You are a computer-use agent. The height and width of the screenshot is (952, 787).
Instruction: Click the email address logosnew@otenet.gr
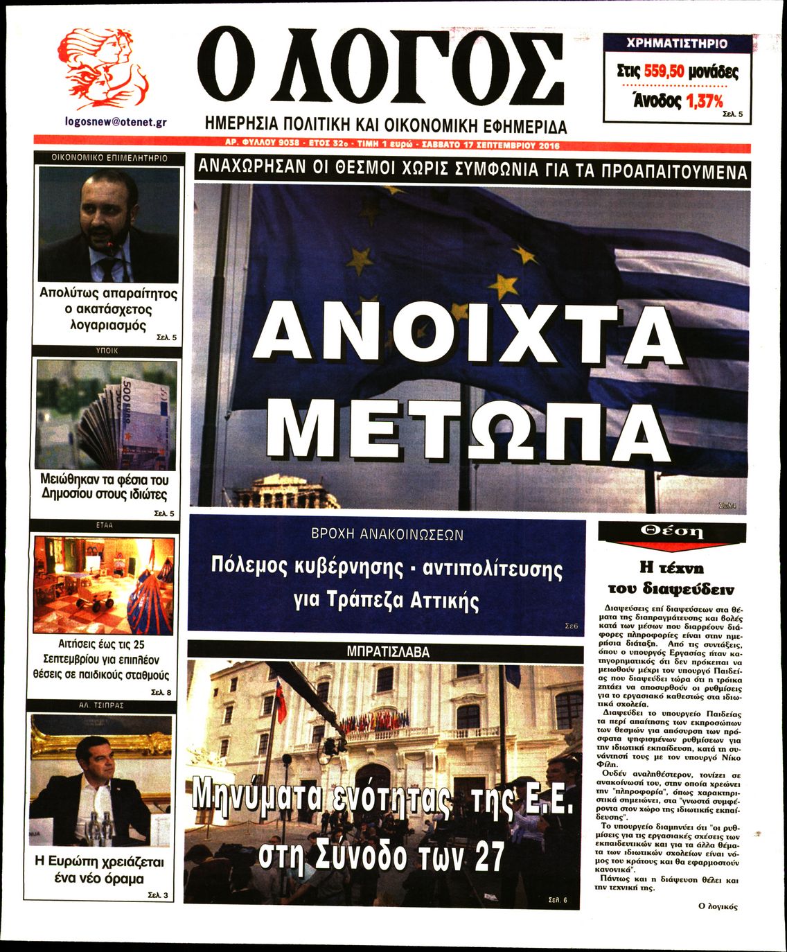(x=115, y=121)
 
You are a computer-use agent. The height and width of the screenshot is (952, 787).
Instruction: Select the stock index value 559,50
(x=671, y=71)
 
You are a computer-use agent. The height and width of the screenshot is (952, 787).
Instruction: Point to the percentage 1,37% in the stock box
(x=704, y=101)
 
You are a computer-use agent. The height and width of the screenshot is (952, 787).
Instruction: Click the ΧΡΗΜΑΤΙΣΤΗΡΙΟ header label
(x=677, y=44)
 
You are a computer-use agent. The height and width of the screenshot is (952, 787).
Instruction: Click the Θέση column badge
(x=671, y=532)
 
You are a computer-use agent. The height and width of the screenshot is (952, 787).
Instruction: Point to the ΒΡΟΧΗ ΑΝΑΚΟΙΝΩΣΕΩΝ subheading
(x=387, y=535)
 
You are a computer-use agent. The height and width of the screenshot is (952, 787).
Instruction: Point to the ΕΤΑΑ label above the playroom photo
(x=105, y=526)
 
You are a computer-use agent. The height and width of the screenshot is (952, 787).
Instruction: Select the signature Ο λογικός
(x=718, y=906)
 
